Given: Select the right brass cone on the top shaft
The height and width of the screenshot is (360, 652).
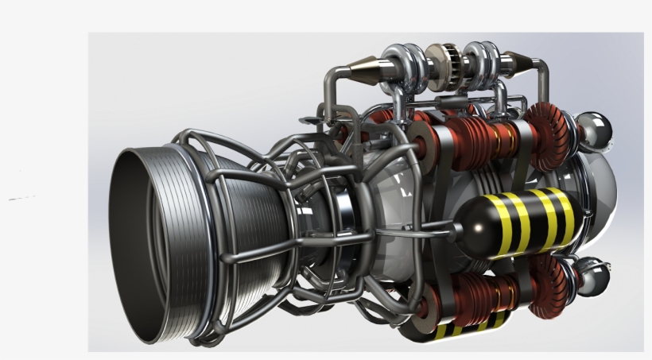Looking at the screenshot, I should click(x=519, y=61).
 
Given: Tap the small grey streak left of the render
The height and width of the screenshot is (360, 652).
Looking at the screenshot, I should click(x=22, y=197).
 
